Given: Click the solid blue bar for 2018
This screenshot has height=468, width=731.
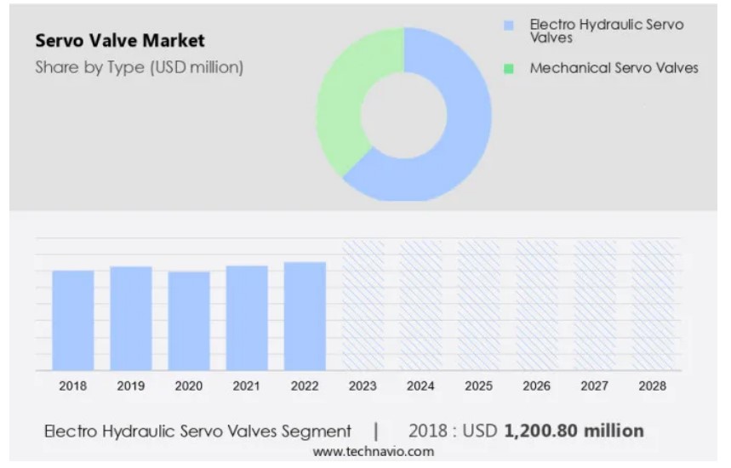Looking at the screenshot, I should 73,320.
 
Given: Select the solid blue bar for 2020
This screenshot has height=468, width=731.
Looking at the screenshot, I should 189,321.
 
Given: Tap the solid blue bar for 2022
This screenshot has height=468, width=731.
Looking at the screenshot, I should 305,316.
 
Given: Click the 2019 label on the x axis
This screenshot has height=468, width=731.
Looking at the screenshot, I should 131,385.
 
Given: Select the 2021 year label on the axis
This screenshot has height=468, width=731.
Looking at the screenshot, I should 247,385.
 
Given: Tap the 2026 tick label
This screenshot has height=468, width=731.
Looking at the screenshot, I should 536,385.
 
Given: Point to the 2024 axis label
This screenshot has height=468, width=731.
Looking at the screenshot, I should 420,385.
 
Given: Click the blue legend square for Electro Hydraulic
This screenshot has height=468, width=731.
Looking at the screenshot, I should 509,26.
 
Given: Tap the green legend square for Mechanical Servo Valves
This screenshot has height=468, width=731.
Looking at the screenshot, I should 509,68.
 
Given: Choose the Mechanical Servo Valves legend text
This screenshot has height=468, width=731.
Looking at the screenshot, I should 614,68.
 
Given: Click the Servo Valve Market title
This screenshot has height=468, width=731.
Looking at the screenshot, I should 120,40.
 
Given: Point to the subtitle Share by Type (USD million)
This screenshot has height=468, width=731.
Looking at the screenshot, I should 139,68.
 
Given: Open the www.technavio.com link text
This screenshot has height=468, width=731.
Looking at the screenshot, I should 373,452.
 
